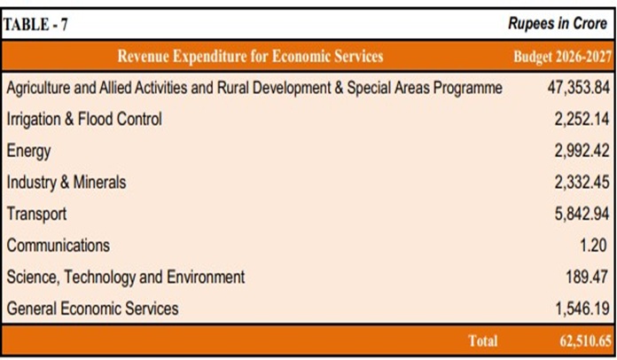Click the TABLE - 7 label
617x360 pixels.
coord(35,25)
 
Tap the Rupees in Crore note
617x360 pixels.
coord(558,23)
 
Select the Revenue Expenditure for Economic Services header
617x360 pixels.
coord(250,56)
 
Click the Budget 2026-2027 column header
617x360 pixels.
coord(562,57)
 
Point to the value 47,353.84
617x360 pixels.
coord(578,88)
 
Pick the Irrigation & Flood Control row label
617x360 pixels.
coord(84,119)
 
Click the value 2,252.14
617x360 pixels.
coord(582,119)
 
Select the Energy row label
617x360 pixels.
coord(28,151)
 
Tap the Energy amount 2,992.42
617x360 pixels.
coord(582,151)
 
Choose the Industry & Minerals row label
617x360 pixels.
coord(66,182)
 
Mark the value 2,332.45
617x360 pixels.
coord(582,182)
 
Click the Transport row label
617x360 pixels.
coord(36,214)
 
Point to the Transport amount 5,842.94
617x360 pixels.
coord(582,214)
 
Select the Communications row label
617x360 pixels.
coord(59,246)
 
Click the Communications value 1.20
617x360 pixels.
coord(593,245)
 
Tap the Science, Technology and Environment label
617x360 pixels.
coord(126,278)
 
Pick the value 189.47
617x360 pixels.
coord(587,277)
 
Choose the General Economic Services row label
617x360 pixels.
coord(92,309)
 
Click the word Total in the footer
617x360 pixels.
coord(483,340)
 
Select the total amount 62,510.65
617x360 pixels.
coord(585,341)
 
